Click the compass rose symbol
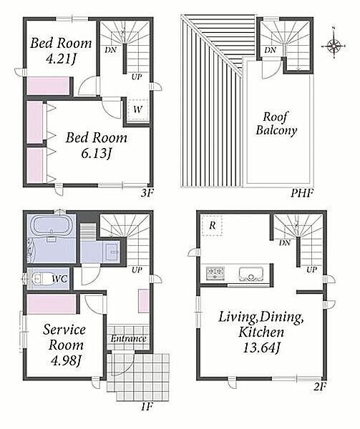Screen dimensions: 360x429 [334, 45]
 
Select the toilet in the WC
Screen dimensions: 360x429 [41, 279]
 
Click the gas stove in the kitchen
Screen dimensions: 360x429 [215, 273]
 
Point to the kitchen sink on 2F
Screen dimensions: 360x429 [250, 274]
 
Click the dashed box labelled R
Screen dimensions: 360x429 [212, 225]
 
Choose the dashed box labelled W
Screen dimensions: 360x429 [138, 109]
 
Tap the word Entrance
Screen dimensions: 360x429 [128, 338]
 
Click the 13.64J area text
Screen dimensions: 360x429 [261, 348]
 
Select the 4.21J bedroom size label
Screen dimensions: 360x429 [61, 59]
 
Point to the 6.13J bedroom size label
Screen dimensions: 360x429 [97, 154]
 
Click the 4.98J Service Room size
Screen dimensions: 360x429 [66, 360]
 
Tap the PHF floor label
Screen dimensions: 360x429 [302, 193]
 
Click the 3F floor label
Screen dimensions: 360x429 [147, 193]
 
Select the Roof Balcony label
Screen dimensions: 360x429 [276, 124]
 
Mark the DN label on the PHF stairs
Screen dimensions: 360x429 [271, 50]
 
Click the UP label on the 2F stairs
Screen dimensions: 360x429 [311, 270]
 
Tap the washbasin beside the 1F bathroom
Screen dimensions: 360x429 [112, 250]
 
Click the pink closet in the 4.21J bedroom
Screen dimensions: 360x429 [48, 86]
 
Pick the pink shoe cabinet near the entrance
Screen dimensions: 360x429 [143, 301]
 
